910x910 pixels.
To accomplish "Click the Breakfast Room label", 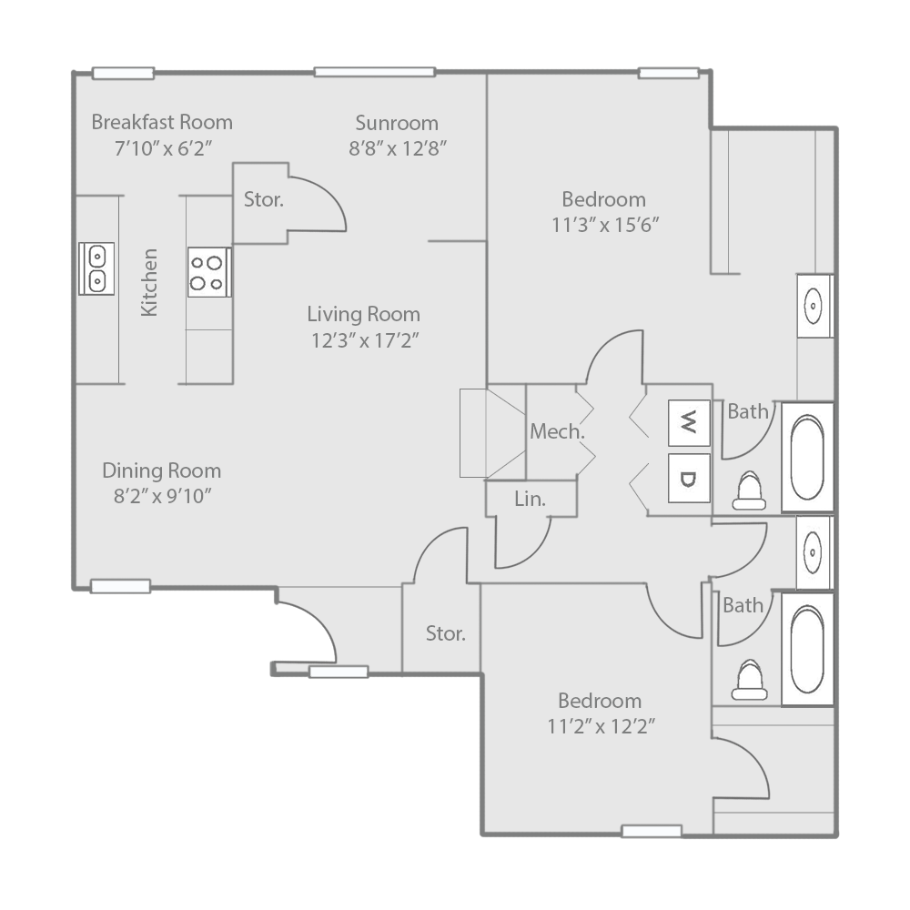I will (x=162, y=122).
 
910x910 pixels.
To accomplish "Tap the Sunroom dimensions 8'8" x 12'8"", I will (x=397, y=148).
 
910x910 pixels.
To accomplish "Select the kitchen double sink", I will (x=96, y=268).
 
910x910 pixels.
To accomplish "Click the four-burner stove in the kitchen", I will (x=208, y=272).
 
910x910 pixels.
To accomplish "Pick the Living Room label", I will (x=363, y=315).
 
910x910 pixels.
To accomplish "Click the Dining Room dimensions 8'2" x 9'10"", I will (x=161, y=496).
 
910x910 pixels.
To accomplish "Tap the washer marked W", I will (x=690, y=421).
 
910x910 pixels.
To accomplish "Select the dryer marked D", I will (x=690, y=479).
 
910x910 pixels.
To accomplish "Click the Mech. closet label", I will (x=557, y=432).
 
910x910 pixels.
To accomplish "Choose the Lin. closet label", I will (x=531, y=499).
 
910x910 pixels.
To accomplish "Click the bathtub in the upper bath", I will (x=807, y=455).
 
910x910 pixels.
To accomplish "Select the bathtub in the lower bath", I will (x=807, y=648).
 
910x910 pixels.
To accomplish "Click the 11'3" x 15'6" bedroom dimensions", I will (x=605, y=225).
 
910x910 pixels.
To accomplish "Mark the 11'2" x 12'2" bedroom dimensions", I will (x=600, y=726).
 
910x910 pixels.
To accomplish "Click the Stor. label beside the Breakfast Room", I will (x=263, y=200).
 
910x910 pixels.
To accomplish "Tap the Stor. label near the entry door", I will (x=446, y=633).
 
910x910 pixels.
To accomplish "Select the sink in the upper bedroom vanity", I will (x=814, y=305).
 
